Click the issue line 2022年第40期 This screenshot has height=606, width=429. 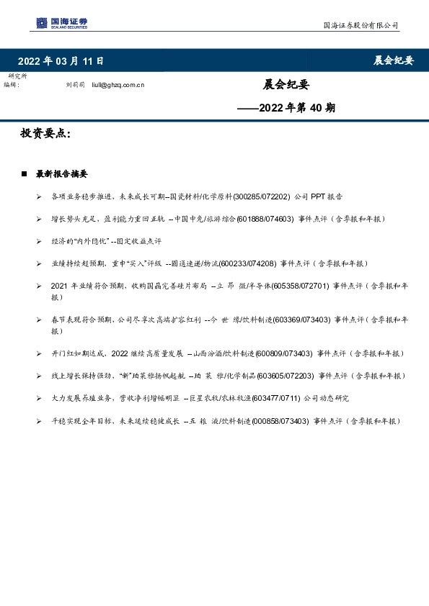(286, 109)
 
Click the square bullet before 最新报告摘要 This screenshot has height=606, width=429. (25, 173)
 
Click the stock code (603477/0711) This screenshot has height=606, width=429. (281, 398)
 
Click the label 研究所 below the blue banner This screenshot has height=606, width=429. (18, 76)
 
